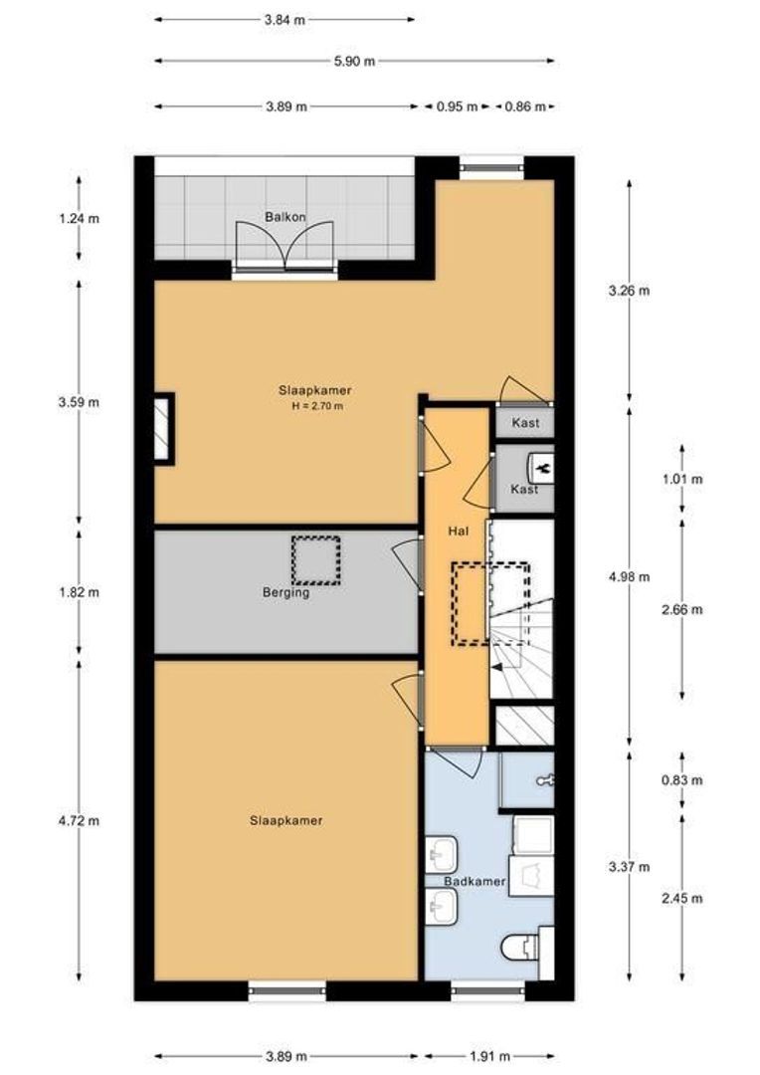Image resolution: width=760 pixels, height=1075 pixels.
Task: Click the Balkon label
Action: tap(285, 217)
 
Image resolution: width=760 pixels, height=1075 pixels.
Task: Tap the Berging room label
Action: tap(285, 592)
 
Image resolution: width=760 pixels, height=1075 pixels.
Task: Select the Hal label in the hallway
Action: tap(459, 531)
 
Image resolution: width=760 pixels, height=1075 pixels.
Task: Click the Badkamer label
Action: tap(475, 882)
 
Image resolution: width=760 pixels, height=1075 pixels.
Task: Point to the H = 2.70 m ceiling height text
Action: tap(317, 406)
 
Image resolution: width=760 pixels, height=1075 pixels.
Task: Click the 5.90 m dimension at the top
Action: tap(354, 61)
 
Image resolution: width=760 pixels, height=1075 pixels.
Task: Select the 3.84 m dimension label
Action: tap(285, 20)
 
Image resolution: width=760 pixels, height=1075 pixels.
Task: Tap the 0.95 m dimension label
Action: tap(458, 107)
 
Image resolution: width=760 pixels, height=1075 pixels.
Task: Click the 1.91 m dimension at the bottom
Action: tap(489, 1056)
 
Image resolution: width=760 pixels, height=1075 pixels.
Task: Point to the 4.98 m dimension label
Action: tap(629, 576)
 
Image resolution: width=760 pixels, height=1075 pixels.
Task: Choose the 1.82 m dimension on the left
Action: tap(79, 591)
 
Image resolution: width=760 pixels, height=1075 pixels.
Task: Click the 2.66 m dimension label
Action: tap(681, 609)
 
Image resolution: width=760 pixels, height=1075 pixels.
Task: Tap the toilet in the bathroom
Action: tap(520, 951)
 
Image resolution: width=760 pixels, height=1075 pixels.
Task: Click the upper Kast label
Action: tap(525, 423)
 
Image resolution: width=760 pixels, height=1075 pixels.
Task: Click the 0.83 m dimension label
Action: tap(681, 780)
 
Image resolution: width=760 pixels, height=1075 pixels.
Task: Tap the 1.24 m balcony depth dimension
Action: tap(79, 219)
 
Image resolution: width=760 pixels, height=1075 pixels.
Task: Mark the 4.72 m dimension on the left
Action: tap(79, 820)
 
